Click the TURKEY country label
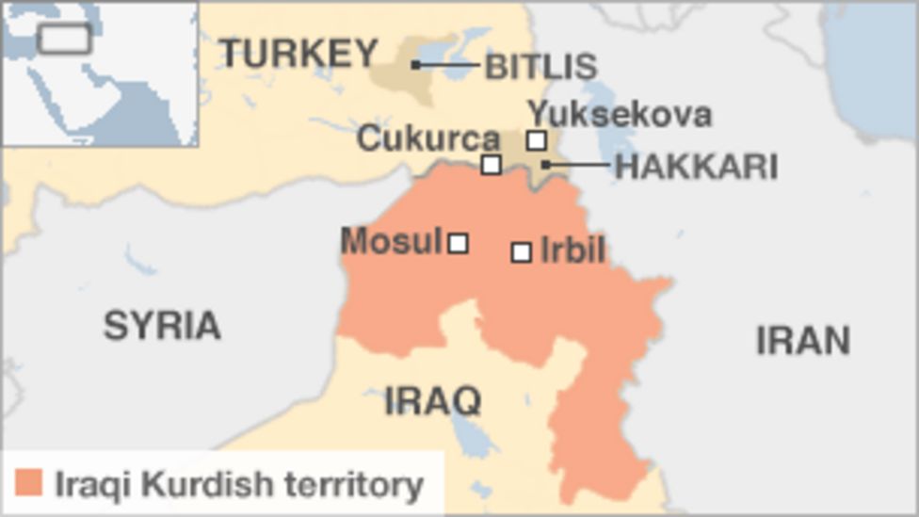(x=299, y=54)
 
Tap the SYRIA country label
(x=162, y=326)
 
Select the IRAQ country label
(x=433, y=401)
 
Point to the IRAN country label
(x=803, y=341)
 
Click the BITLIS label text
(x=540, y=66)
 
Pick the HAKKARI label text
(x=696, y=167)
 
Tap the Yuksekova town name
(x=619, y=115)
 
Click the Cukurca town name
(x=428, y=139)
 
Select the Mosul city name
(x=391, y=242)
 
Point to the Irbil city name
(x=572, y=251)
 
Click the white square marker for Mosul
(x=458, y=244)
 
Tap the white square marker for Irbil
(x=521, y=252)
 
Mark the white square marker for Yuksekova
(x=536, y=140)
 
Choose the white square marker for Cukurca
(x=491, y=165)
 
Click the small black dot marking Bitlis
(x=415, y=65)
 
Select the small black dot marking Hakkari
(x=545, y=165)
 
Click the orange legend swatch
(x=29, y=484)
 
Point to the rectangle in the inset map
(x=64, y=39)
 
